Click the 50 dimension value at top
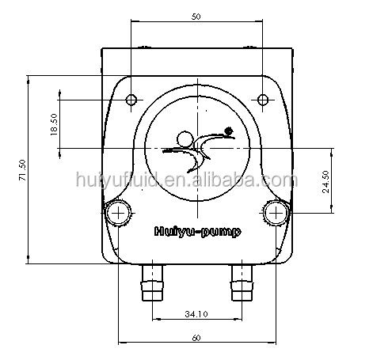point(196,17)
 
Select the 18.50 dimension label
point(54,124)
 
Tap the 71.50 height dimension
point(22,170)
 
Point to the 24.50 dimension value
point(326,182)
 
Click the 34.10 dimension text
point(196,314)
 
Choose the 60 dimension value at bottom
point(196,338)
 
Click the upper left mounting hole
point(131,100)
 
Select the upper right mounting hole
point(263,100)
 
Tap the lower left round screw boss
point(119,213)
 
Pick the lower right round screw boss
point(276,213)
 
